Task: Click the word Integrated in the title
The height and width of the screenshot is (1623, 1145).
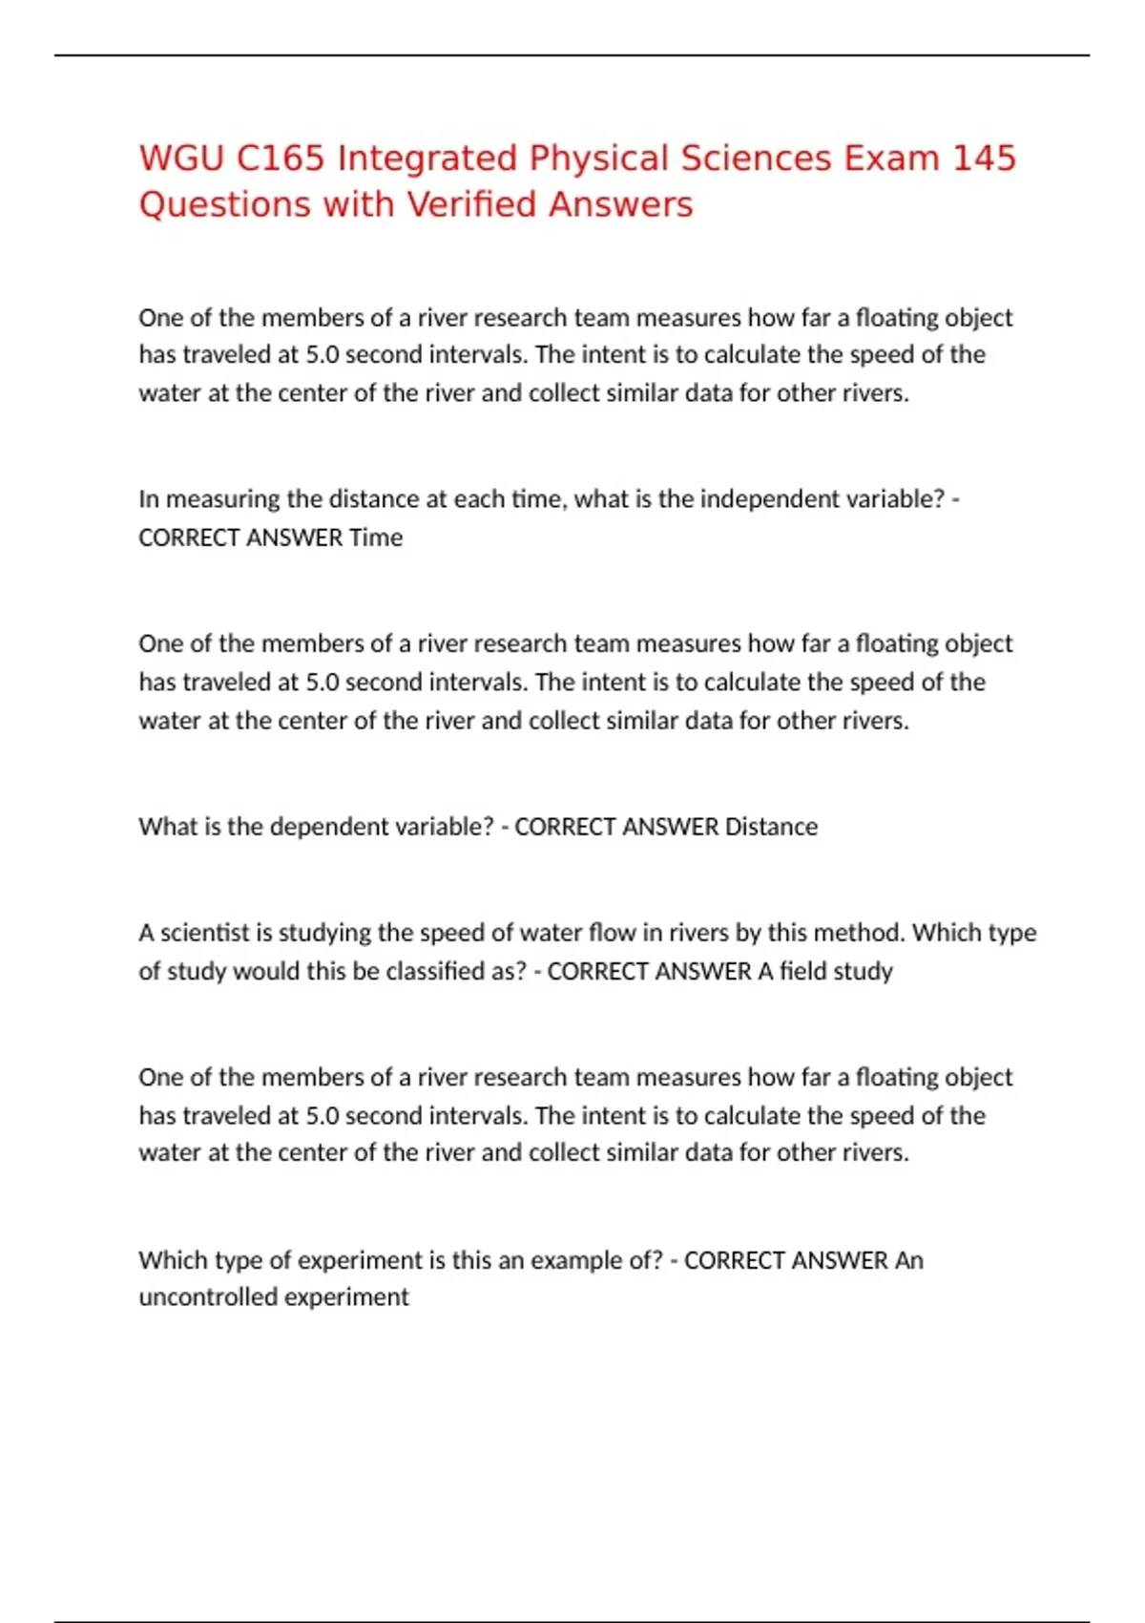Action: [x=427, y=158]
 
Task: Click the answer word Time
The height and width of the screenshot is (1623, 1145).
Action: [x=376, y=537]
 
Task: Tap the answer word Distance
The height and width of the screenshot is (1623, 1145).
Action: [x=771, y=827]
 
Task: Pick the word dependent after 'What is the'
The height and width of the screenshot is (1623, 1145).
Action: [x=329, y=827]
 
